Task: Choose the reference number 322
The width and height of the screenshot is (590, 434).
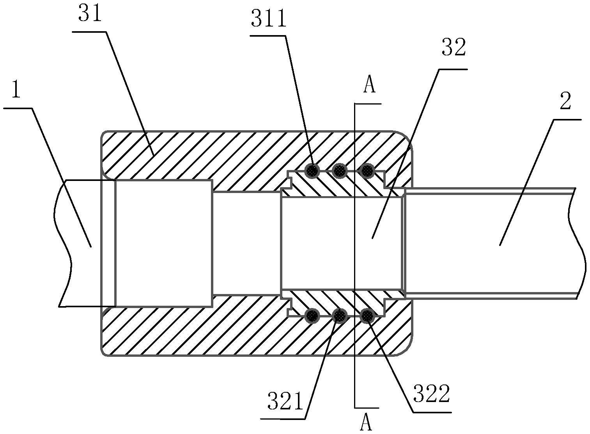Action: click(431, 394)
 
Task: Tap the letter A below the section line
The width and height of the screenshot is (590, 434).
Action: click(366, 422)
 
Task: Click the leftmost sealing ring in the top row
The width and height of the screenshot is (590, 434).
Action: click(312, 171)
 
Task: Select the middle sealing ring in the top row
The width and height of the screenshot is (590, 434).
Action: click(340, 170)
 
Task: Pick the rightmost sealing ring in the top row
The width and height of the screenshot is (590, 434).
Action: click(367, 170)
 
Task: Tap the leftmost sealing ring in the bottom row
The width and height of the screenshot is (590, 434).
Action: click(312, 315)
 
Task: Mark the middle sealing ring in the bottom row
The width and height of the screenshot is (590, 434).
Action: click(340, 315)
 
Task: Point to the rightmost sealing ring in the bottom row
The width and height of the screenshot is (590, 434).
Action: click(367, 315)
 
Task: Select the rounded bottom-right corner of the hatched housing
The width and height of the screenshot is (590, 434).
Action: click(406, 349)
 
